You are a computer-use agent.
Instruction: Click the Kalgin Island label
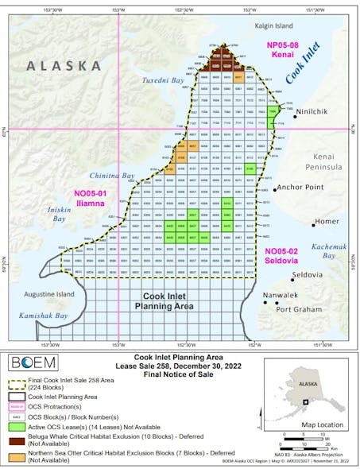252,25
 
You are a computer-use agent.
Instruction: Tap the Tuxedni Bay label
161,81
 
